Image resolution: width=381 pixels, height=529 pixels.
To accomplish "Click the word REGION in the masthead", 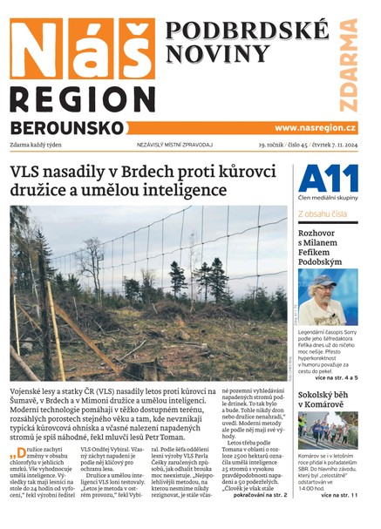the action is (83, 98).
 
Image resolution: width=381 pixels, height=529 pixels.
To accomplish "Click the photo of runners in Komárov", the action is (327, 431).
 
